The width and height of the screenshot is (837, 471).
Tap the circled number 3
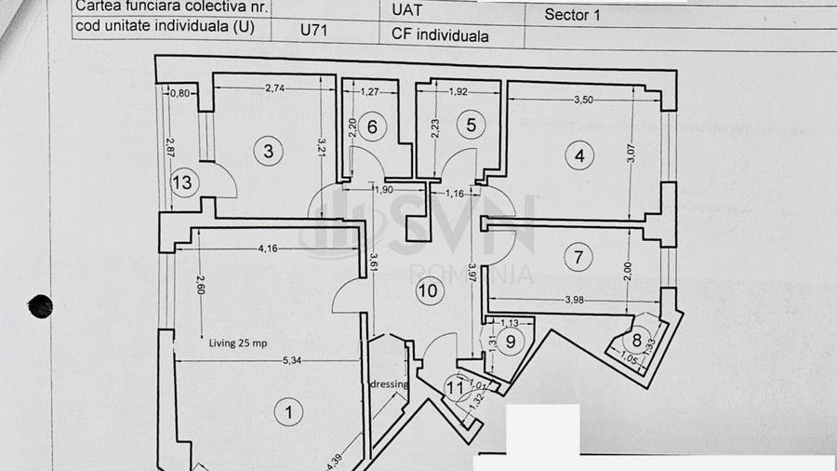coord(268,151)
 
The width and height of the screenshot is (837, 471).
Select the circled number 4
coord(579,156)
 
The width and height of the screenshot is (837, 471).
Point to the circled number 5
coord(471,124)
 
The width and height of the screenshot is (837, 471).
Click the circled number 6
coord(371,127)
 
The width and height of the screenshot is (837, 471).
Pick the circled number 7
coord(578,257)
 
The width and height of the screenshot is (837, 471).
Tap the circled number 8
coord(638,341)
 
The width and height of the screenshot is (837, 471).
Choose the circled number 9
coord(510,341)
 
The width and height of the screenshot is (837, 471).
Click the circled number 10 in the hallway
coord(428,290)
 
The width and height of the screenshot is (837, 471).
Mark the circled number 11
coord(455,384)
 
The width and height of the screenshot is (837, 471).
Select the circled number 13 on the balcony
coord(182,182)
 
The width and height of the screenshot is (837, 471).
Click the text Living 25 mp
coord(237,343)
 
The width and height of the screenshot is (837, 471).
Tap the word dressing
coord(390,383)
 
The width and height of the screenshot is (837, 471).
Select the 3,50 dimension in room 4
coord(584,98)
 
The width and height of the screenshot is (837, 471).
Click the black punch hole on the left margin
coord(40,305)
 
